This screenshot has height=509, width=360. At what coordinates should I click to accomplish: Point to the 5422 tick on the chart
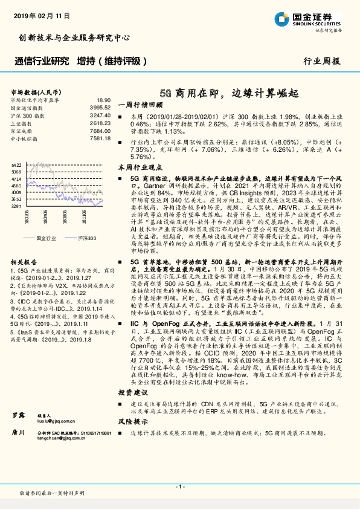pos(16,164)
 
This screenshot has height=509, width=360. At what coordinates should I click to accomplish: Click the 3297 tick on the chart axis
pos(16,206)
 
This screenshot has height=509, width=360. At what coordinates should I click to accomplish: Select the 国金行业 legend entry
pos(45,239)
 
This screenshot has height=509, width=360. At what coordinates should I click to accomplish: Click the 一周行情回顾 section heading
pos(138,103)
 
